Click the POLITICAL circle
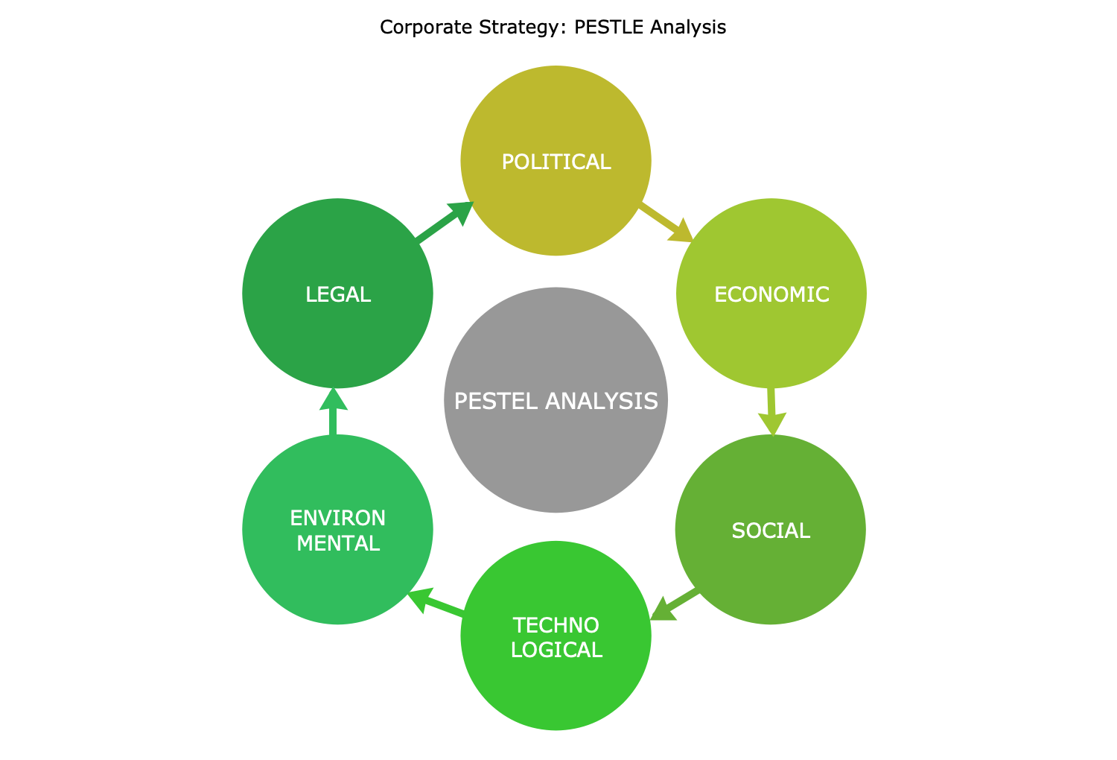[556, 161]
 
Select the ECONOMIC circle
[771, 294]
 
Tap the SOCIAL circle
[771, 530]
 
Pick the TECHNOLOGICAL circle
[556, 636]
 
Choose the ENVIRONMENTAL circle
[337, 530]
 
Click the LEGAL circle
[337, 294]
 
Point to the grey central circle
[556, 399]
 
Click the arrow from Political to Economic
[666, 223]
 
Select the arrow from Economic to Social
[772, 412]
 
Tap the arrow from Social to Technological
[674, 605]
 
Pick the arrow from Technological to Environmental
[436, 603]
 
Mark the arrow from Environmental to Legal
[333, 411]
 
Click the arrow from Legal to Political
[445, 222]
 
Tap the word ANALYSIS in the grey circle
[602, 401]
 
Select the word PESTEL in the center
[496, 401]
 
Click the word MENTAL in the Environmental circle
[338, 543]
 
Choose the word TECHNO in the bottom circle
[556, 625]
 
